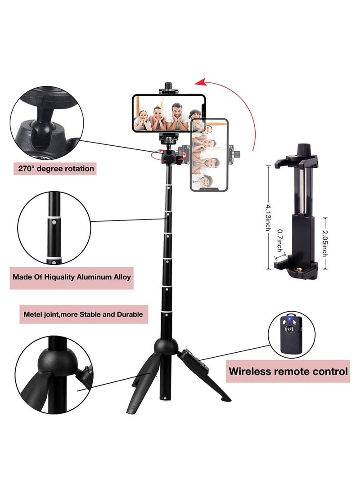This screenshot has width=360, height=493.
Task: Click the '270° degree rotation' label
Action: click(56, 169)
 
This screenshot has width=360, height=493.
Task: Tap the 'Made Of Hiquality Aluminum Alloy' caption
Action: click(72, 277)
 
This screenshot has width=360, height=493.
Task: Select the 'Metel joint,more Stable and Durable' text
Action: click(83, 314)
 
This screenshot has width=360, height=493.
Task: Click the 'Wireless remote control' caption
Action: click(288, 371)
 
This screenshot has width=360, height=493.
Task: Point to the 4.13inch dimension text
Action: click(268, 216)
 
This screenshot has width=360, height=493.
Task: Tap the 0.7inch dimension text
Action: click(279, 241)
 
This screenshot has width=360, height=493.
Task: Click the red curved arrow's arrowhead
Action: click(200, 82)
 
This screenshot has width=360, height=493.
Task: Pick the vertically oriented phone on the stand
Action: click(209, 155)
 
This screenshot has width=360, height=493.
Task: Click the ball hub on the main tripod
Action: click(166, 346)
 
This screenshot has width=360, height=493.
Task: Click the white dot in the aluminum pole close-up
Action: click(54, 222)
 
